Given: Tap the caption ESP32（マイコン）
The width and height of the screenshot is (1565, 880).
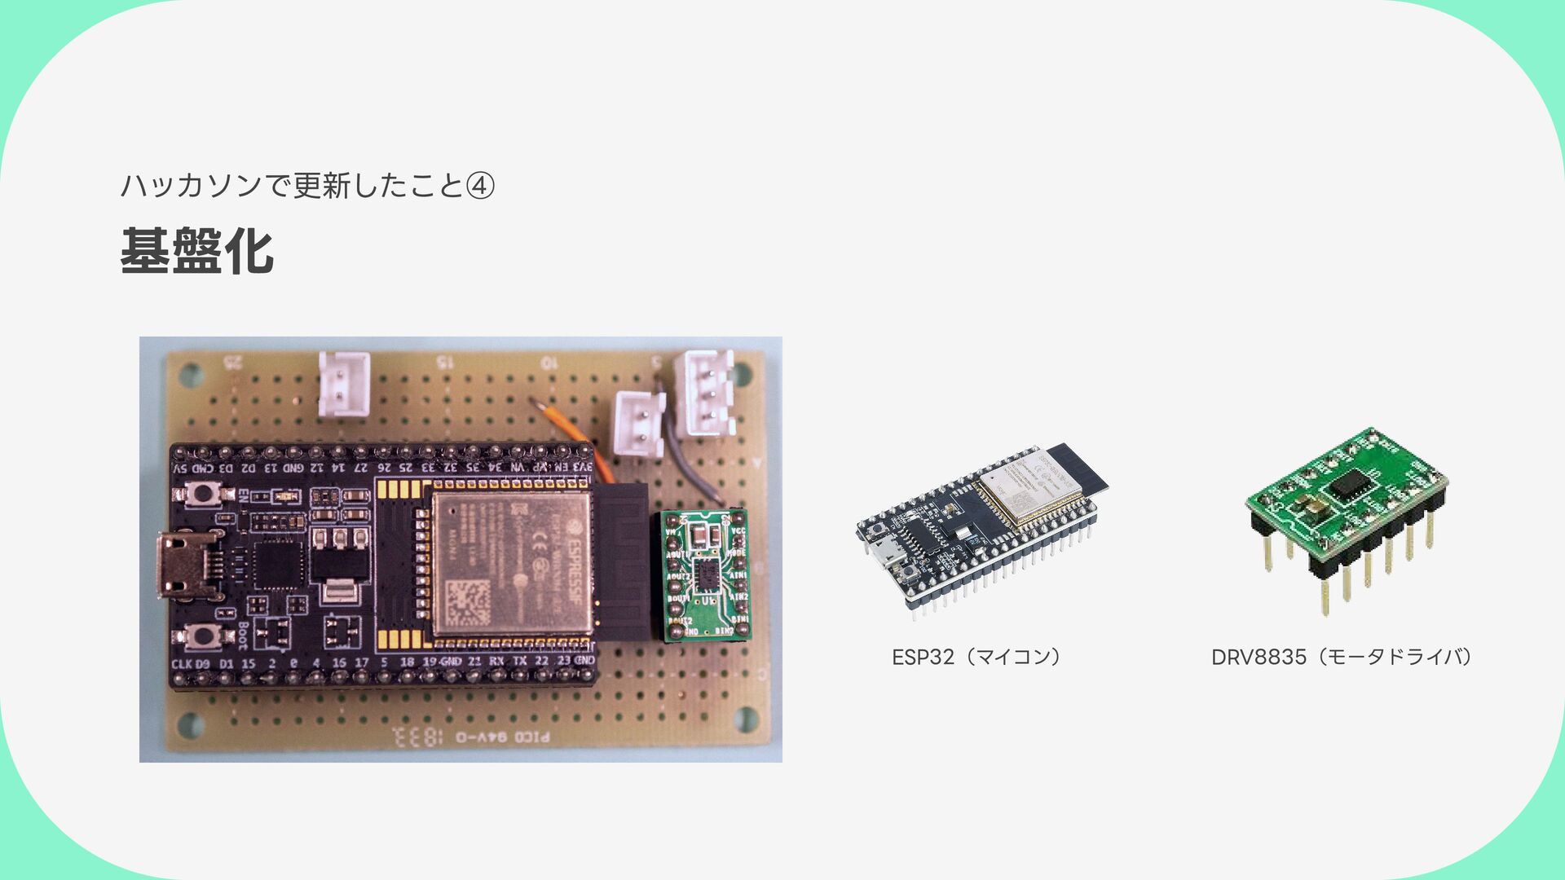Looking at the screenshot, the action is (976, 657).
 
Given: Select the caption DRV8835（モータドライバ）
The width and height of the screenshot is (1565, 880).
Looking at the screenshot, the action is (1342, 657).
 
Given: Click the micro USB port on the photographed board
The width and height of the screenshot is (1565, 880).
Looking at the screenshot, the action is (186, 564).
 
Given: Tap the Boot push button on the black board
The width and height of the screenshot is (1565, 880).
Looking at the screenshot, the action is (202, 636).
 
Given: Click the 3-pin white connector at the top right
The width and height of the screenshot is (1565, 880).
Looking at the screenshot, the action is (707, 394).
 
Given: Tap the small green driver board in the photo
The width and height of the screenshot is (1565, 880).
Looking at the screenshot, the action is (705, 574).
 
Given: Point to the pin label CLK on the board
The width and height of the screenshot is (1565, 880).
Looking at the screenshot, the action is (181, 664).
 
